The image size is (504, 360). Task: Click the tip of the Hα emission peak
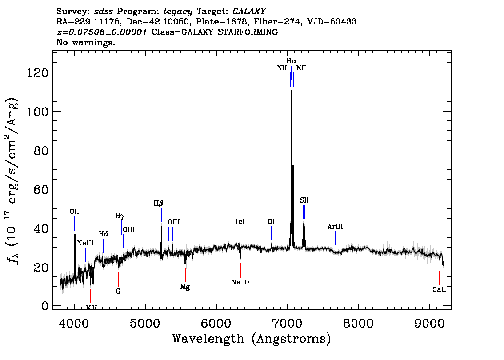point(292,91)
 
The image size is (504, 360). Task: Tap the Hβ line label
point(158,204)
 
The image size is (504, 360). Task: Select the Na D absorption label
point(240,282)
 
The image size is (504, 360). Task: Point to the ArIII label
point(335,227)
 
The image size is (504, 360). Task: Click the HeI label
point(239,221)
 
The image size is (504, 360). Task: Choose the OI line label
point(271,221)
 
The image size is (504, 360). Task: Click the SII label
point(304,200)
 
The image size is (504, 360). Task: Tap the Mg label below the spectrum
point(185,287)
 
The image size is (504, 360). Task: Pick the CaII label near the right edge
point(439,290)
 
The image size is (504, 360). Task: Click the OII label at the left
point(74,212)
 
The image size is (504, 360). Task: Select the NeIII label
point(85,243)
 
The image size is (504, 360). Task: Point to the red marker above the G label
point(118,279)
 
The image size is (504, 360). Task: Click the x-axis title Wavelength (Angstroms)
point(252,339)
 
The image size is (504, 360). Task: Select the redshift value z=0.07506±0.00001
point(101,32)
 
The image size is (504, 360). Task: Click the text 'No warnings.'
point(86,43)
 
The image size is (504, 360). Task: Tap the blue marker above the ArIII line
point(335,238)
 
